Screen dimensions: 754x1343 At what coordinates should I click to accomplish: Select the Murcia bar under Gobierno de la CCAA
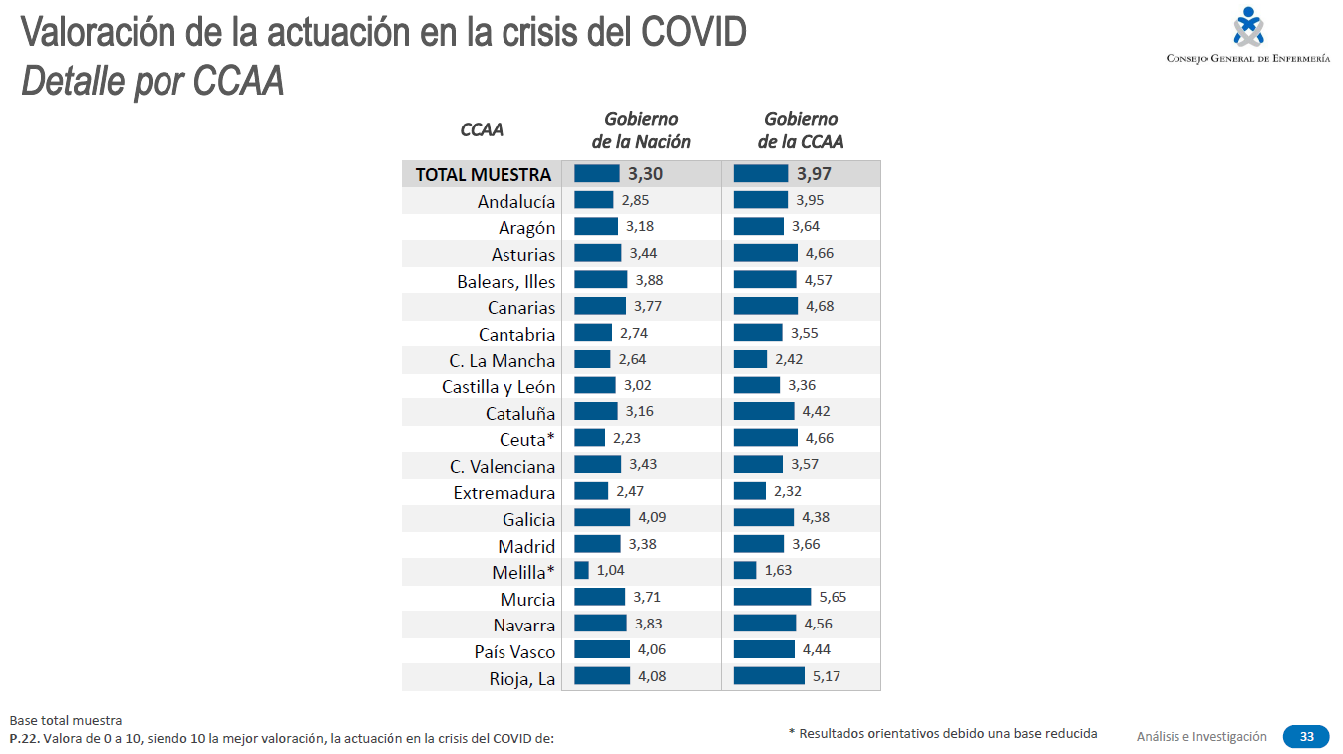[x=772, y=597]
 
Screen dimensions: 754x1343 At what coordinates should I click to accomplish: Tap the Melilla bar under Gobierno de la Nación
[x=581, y=571]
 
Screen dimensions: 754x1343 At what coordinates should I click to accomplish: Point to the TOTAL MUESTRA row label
[x=483, y=174]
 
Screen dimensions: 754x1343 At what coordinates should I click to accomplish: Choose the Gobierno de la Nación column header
[x=641, y=130]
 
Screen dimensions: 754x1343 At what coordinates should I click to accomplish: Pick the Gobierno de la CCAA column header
[x=801, y=130]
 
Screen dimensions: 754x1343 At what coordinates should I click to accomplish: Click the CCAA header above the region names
[x=482, y=130]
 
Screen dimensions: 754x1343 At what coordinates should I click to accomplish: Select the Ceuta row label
[x=526, y=439]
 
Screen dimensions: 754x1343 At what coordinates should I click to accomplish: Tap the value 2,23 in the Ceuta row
[x=629, y=438]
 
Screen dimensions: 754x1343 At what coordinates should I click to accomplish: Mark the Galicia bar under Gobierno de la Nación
[x=602, y=517]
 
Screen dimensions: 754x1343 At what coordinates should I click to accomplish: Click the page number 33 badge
[x=1306, y=737]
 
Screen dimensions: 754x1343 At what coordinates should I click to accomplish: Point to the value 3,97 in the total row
[x=814, y=174]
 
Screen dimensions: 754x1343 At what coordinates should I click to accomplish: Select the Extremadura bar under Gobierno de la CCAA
[x=749, y=491]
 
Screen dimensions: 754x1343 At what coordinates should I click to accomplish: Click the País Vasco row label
[x=514, y=651]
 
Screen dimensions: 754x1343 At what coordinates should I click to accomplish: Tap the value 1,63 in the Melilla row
[x=779, y=571]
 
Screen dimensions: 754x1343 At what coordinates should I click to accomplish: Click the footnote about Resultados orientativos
[x=942, y=734]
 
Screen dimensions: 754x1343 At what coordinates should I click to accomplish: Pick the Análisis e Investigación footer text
[x=1201, y=737]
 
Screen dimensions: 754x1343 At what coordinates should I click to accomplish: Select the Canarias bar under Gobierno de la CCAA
[x=766, y=306]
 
